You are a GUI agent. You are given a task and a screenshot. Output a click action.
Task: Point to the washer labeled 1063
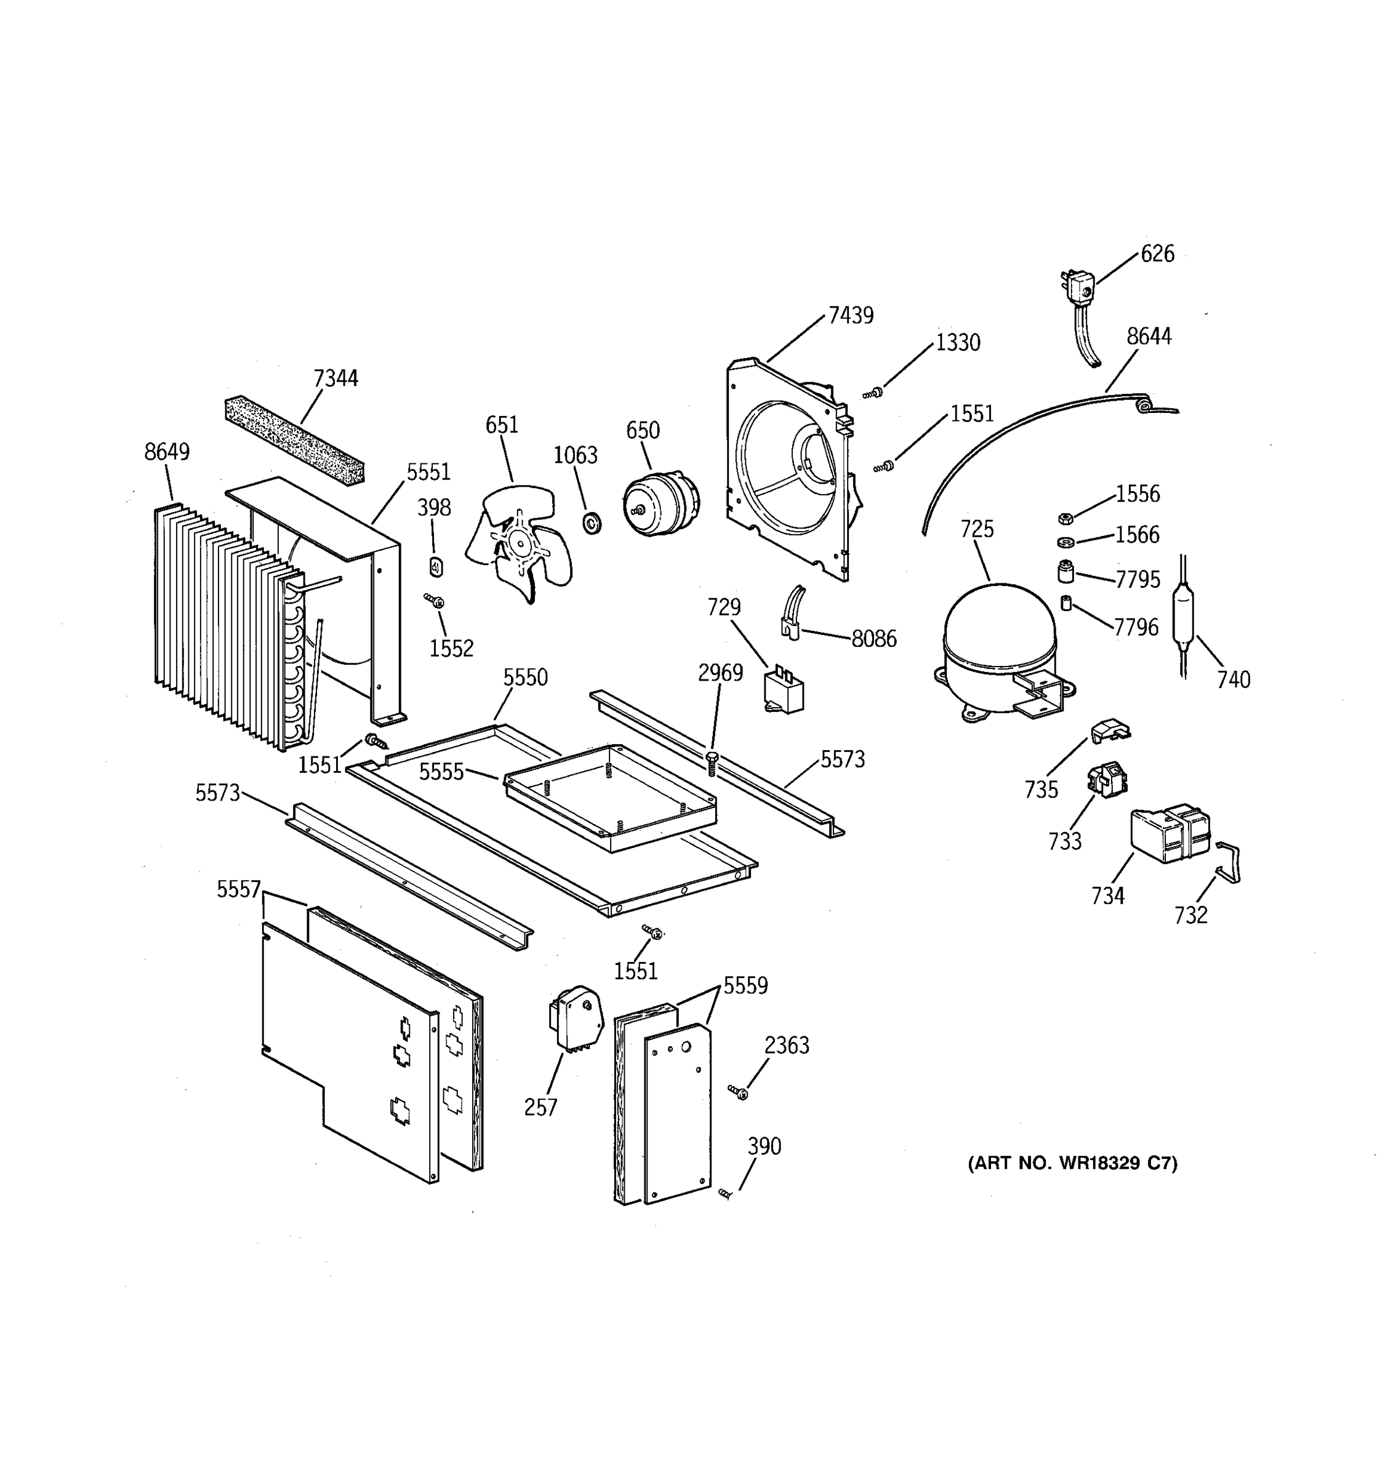click(592, 522)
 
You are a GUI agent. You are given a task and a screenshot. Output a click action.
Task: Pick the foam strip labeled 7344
click(294, 440)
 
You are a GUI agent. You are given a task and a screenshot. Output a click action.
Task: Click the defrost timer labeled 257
click(574, 1019)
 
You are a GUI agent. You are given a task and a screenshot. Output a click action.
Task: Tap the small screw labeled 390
click(725, 1194)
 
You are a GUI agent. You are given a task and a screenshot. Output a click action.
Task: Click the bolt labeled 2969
click(712, 763)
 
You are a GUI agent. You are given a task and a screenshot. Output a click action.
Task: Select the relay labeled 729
click(783, 692)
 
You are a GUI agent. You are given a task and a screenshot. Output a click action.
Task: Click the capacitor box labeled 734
click(1170, 835)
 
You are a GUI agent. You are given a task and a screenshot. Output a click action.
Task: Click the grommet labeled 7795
click(1066, 572)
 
